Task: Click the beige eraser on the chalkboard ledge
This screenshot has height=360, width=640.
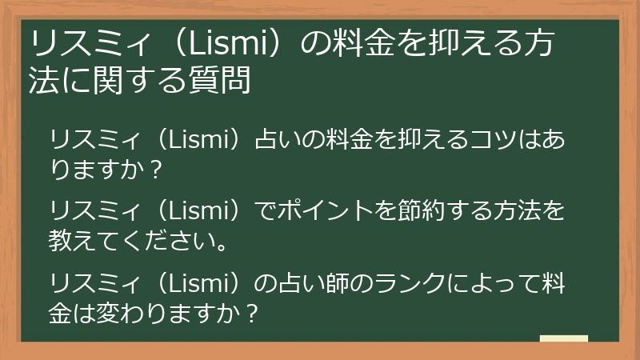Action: [563, 338]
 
